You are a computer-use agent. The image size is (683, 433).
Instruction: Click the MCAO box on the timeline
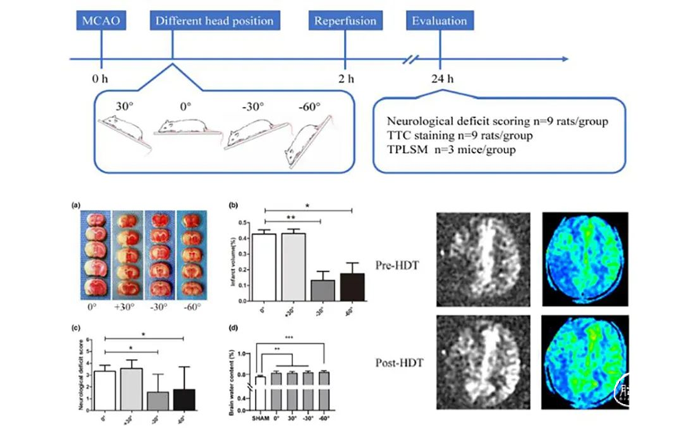101,20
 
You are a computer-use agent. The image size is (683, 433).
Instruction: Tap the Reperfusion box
344,20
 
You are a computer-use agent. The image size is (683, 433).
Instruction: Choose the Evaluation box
441,20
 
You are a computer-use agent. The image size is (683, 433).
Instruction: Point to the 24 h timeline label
442,79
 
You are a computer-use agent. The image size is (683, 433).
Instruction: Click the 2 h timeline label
345,79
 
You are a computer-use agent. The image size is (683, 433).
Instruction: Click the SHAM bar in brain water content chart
260,390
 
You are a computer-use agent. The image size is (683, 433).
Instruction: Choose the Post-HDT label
399,362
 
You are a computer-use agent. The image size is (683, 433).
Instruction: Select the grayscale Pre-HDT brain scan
483,258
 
